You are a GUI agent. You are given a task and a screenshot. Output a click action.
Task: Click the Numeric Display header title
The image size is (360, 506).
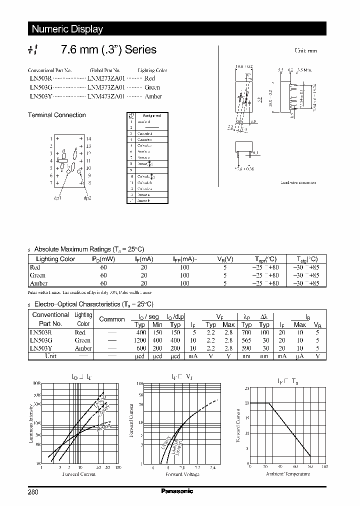[x=67, y=29]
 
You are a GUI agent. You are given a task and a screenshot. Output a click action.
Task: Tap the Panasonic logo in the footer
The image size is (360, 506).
[x=177, y=491]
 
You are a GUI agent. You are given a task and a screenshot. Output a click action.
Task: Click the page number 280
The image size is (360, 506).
[x=33, y=491]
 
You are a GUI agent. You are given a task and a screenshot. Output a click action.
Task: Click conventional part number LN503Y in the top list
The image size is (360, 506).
[x=39, y=96]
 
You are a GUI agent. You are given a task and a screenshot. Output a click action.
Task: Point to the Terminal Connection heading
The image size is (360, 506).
[x=56, y=115]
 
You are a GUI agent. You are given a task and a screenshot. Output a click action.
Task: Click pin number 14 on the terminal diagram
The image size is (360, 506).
[x=88, y=138]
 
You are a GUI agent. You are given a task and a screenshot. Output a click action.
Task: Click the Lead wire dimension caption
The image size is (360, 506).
[x=298, y=183]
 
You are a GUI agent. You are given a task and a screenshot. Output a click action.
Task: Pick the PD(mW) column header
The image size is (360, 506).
[x=103, y=259]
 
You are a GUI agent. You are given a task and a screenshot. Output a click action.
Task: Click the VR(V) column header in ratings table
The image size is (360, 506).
[x=225, y=259]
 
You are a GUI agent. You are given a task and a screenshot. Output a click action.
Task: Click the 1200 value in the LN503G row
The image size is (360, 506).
[x=140, y=340]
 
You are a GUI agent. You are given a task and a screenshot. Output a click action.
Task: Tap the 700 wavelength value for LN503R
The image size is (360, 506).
[x=246, y=332]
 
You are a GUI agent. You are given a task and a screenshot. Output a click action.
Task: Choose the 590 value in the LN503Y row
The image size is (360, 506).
[x=246, y=348]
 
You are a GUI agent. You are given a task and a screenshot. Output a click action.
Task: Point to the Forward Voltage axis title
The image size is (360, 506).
[x=182, y=474]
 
